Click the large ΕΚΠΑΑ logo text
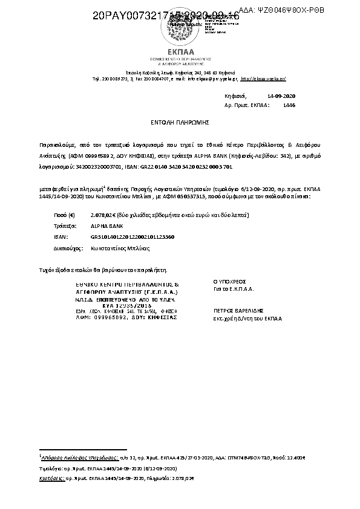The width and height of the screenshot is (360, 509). point(180,51)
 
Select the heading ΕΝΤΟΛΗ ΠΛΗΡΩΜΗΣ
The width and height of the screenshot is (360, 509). point(180,122)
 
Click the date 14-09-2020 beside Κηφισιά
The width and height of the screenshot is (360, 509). point(281,96)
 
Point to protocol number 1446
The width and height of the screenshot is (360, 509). point(289,105)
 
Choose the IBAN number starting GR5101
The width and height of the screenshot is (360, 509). point(128,237)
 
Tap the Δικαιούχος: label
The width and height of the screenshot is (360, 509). point(67,248)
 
